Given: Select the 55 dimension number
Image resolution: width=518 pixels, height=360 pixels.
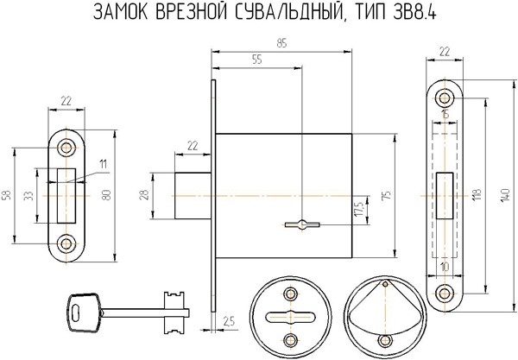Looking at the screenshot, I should pyautogui.click(x=256, y=59).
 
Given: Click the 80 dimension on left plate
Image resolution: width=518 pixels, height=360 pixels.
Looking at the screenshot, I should pyautogui.click(x=106, y=197).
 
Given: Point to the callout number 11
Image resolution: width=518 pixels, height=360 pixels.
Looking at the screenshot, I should pyautogui.click(x=102, y=164).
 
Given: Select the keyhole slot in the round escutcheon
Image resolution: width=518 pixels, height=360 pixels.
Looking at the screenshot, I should pyautogui.click(x=288, y=314).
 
